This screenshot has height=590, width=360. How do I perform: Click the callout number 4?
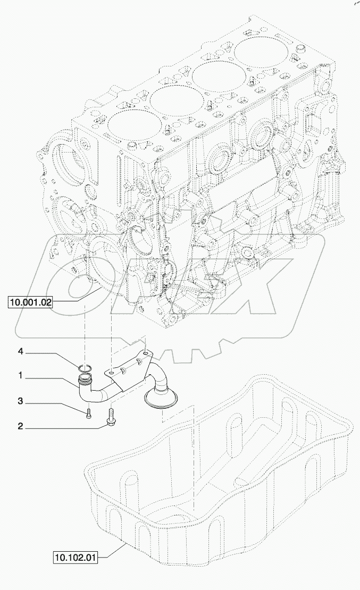pyautogui.click(x=21, y=351)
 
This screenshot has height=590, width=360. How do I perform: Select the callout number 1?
pyautogui.click(x=21, y=375)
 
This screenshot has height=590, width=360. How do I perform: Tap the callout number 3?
pyautogui.click(x=21, y=401)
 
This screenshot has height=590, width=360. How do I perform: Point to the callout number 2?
pyautogui.click(x=21, y=426)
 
